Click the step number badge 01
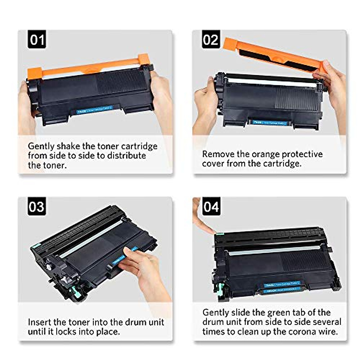(x=37, y=39)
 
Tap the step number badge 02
(x=211, y=39)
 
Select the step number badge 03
(x=37, y=207)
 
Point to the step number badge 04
(x=211, y=207)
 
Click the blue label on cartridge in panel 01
(x=94, y=110)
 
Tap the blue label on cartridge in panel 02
(x=270, y=122)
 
